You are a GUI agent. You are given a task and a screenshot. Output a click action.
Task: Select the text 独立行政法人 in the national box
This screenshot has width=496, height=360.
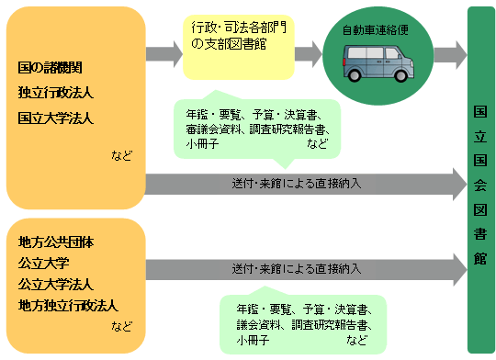click(55, 93)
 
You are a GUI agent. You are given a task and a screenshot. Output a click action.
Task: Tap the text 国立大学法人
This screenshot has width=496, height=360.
click(55, 118)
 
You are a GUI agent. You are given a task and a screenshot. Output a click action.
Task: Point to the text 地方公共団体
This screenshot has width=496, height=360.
click(55, 243)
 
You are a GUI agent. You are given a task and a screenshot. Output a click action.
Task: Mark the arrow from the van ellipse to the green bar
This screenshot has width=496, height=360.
click(449, 52)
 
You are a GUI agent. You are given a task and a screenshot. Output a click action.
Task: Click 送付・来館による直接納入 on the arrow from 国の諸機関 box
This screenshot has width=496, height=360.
click(297, 183)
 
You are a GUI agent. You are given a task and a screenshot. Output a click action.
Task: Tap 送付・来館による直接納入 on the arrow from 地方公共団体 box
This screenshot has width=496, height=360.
click(297, 269)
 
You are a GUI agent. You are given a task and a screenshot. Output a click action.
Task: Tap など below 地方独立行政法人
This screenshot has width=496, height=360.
click(121, 325)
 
